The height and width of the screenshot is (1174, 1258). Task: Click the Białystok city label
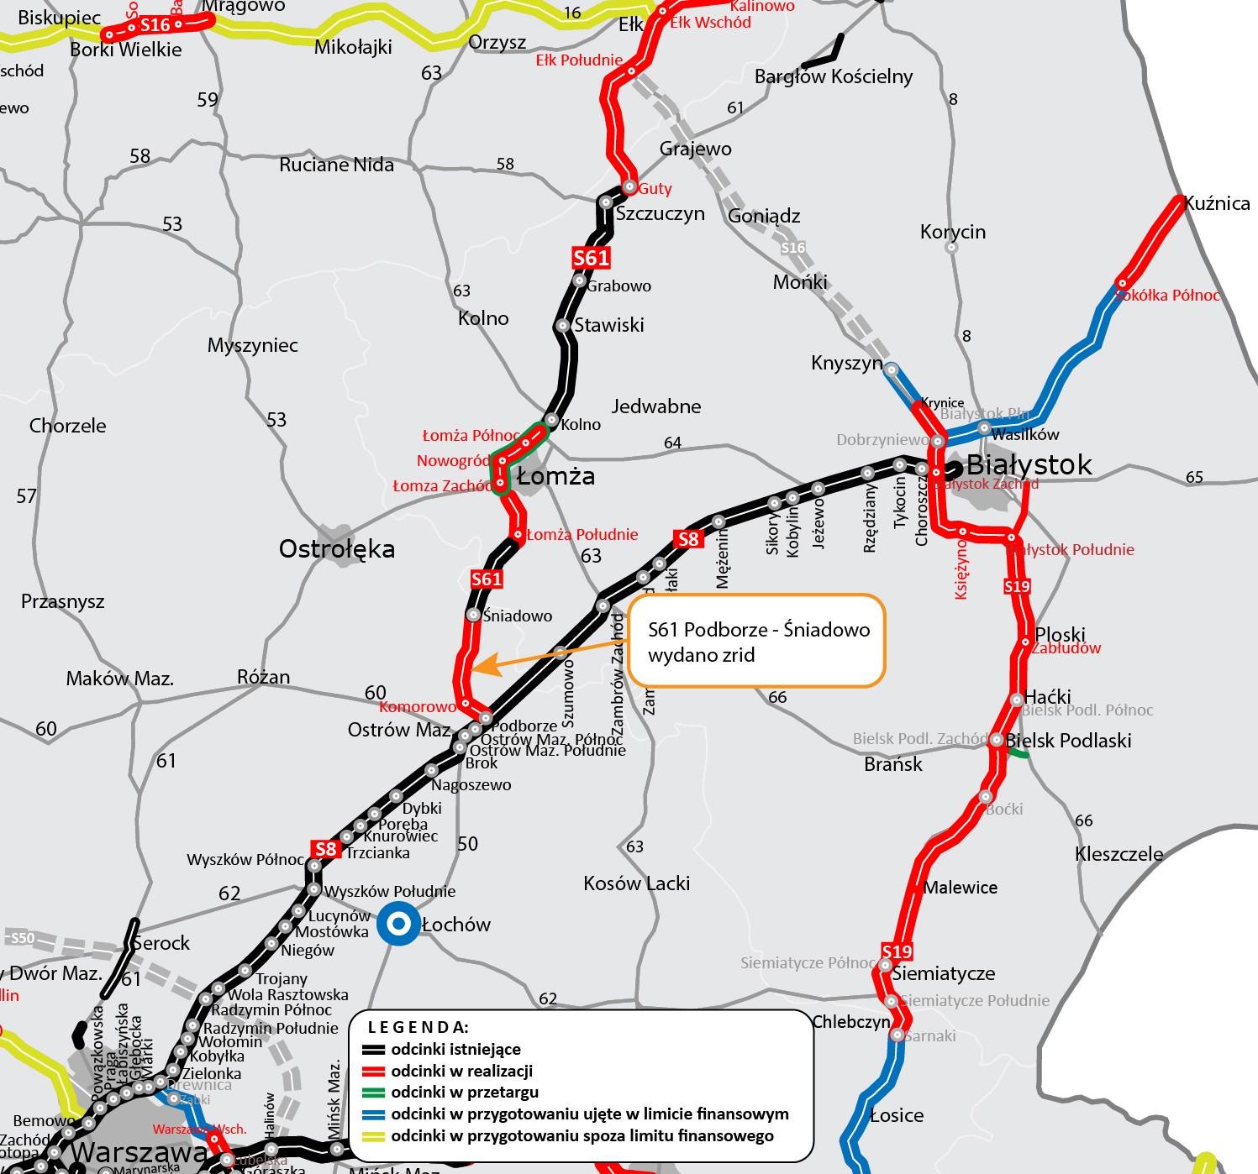pos(1029,464)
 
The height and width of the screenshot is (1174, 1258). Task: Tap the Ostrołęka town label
pos(336,549)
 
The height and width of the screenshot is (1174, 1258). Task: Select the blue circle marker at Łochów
pos(398,924)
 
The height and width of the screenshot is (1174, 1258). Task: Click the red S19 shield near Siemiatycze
pos(897,951)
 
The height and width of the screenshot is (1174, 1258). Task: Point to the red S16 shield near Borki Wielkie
pos(155,25)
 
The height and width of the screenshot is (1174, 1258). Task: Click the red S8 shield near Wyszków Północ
pos(325,849)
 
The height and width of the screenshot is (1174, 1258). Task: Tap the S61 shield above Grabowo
pos(591,258)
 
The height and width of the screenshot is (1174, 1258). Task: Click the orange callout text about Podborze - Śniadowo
pos(758,642)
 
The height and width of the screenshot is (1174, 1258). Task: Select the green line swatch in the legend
pos(374,1093)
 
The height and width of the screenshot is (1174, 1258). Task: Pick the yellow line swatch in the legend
pos(374,1136)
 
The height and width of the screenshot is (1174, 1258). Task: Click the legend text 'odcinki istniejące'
pos(455,1049)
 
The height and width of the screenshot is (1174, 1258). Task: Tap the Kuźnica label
pos(1216,203)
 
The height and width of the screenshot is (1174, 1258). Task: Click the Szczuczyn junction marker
pos(605,202)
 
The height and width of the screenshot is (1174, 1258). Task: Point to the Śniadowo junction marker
pos(473,616)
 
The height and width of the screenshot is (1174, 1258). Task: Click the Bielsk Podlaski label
pos(1068,741)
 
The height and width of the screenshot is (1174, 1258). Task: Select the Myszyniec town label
pos(252,345)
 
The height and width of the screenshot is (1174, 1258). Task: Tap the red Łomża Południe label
pos(582,534)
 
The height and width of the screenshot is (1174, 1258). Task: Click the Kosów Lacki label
pos(636,883)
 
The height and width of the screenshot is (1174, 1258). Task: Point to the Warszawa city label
pos(139,1153)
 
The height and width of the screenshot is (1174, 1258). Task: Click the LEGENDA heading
pos(418,1027)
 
